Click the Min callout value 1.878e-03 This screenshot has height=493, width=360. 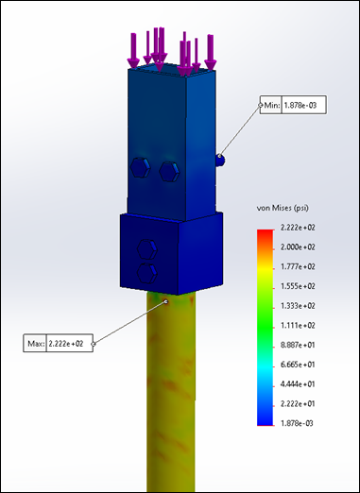300,105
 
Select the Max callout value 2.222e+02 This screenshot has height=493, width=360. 66,344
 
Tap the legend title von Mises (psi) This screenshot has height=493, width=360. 283,208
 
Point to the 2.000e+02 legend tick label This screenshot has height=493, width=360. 298,247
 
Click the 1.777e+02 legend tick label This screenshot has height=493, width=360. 298,266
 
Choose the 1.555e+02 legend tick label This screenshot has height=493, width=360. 298,286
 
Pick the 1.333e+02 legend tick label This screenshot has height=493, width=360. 298,306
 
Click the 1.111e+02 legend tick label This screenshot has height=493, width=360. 298,325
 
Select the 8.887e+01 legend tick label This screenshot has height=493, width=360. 298,345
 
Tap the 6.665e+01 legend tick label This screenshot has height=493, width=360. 298,365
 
